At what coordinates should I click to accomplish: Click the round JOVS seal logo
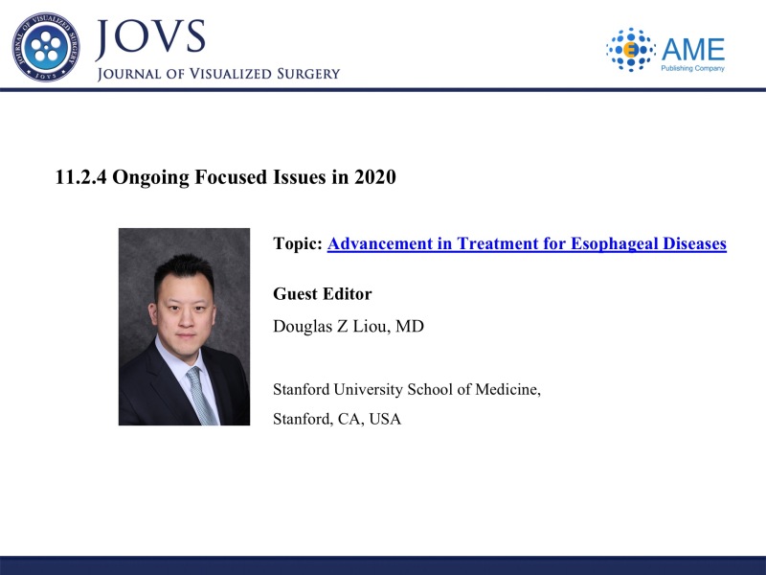coord(46,47)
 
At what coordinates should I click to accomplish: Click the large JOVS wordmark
coord(150,37)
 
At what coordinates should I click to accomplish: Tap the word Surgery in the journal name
coord(307,74)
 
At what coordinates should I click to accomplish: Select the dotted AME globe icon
coord(630,50)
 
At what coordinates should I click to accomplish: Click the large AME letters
coord(693,50)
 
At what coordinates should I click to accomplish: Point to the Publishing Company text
coord(692,68)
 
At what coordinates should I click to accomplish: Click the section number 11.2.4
coord(80,177)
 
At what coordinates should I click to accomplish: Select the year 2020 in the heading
coord(375,177)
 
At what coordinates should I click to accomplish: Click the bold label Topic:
coord(298,243)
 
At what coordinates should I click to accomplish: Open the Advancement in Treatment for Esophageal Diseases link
coord(527,243)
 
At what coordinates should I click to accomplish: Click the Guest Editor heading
coord(323,294)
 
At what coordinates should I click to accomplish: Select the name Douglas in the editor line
coord(303,326)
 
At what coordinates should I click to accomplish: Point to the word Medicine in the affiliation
coord(508,390)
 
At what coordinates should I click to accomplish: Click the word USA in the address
coord(385,419)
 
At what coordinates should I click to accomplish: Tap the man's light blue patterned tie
coord(201,396)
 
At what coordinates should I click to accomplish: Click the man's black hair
coord(184,273)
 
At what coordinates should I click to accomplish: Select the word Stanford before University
coord(301,390)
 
